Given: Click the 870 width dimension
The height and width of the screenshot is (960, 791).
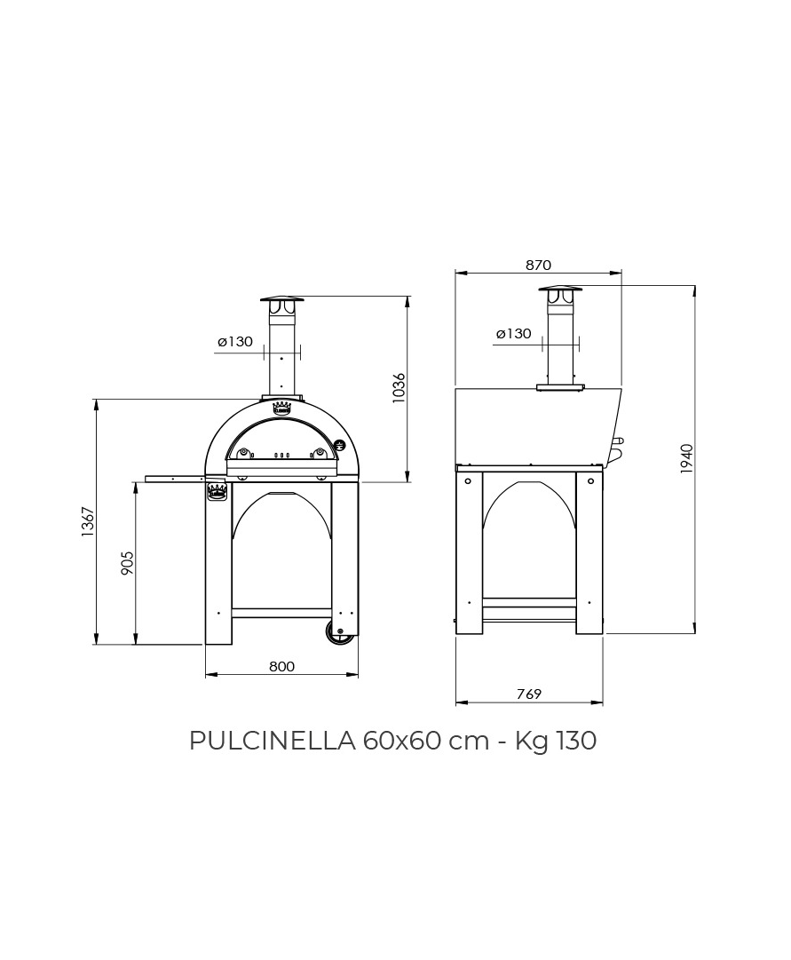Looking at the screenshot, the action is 538,266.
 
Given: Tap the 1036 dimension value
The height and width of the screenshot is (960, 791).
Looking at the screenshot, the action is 399,387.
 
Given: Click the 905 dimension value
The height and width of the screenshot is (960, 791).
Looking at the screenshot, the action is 127,563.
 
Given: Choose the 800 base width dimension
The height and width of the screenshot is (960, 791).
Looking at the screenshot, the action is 281,666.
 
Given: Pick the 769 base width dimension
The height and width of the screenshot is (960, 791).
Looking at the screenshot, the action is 529,694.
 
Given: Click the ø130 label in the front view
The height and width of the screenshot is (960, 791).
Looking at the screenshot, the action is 235,342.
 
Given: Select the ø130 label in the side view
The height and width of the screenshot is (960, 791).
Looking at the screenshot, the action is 514,334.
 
